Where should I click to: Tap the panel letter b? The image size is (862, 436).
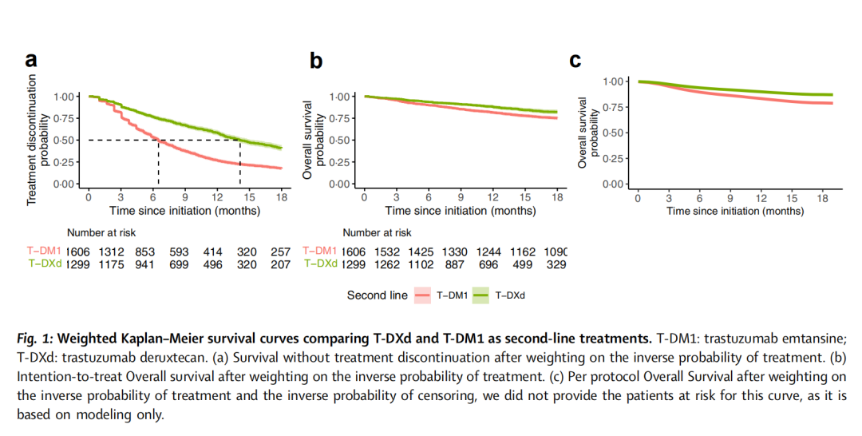tap(316, 60)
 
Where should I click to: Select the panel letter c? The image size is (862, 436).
tap(575, 60)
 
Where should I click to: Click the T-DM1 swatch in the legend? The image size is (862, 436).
tap(424, 295)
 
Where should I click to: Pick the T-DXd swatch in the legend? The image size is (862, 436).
tap(481, 295)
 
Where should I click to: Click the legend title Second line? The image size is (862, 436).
tap(377, 295)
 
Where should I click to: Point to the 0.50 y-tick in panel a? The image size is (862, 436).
tap(63, 141)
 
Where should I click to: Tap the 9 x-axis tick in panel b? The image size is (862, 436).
tap(461, 197)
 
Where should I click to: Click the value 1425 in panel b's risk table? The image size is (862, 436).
tap(429, 251)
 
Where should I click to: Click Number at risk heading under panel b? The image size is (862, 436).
tap(377, 233)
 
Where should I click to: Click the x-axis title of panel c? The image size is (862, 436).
tap(734, 212)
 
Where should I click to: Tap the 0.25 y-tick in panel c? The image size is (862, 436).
tap(615, 159)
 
